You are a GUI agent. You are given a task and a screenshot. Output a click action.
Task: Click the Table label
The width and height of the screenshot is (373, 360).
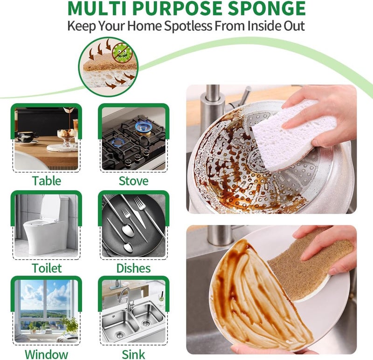pyautogui.click(x=46, y=180)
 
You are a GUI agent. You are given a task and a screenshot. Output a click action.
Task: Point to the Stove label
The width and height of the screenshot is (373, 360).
pyautogui.click(x=133, y=180)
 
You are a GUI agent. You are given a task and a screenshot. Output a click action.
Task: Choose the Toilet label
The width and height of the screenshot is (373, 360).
pyautogui.click(x=47, y=268)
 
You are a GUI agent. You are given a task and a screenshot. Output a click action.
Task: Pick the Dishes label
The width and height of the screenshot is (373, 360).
pyautogui.click(x=133, y=268)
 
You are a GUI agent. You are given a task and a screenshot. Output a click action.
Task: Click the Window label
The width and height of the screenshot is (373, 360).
pyautogui.click(x=46, y=354)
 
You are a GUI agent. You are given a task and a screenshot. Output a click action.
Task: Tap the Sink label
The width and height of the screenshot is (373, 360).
pyautogui.click(x=133, y=354)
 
